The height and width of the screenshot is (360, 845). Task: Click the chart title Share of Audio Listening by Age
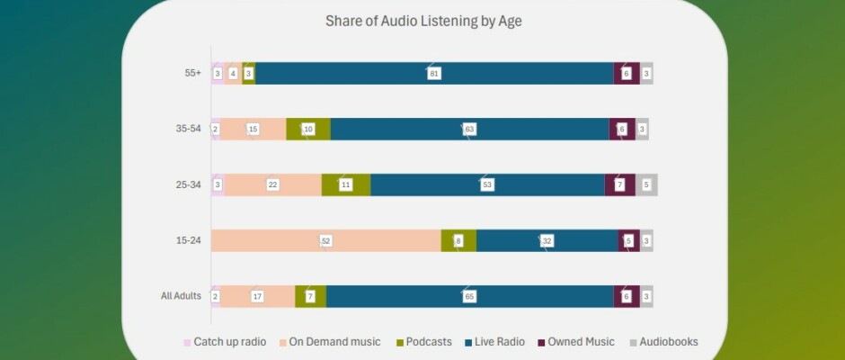pos(423,21)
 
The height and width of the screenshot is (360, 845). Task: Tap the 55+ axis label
pos(191,74)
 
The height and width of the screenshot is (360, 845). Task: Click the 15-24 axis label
pos(189,241)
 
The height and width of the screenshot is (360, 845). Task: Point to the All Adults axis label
pos(182,296)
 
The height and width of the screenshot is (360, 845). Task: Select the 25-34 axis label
pos(189,184)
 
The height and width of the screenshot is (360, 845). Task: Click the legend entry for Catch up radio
pos(225,342)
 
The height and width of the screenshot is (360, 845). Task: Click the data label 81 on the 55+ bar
pos(433,74)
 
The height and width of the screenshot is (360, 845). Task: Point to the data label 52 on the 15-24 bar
pos(325,241)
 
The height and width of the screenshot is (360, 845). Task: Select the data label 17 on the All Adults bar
pos(258,296)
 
